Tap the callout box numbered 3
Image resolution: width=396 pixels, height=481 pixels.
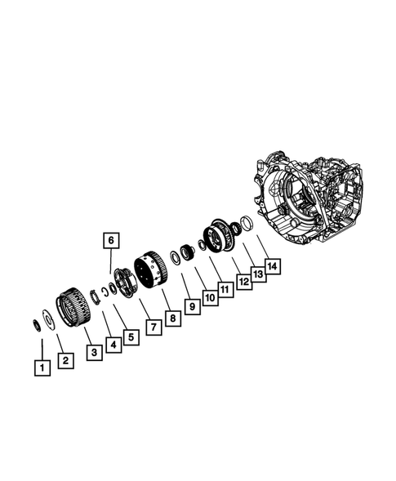(94, 351)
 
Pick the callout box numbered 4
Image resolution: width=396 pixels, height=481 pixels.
(113, 345)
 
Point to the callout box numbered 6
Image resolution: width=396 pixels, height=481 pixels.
(111, 240)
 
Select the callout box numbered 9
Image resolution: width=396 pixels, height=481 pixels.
(191, 306)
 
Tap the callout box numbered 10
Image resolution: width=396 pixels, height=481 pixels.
(210, 298)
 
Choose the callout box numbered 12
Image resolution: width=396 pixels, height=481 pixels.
(244, 282)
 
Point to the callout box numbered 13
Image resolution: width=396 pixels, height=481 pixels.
(257, 274)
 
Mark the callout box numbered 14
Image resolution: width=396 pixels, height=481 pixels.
(273, 265)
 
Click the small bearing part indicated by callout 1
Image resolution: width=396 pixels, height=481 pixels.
(38, 326)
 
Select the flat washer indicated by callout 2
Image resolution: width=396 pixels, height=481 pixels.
(50, 319)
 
